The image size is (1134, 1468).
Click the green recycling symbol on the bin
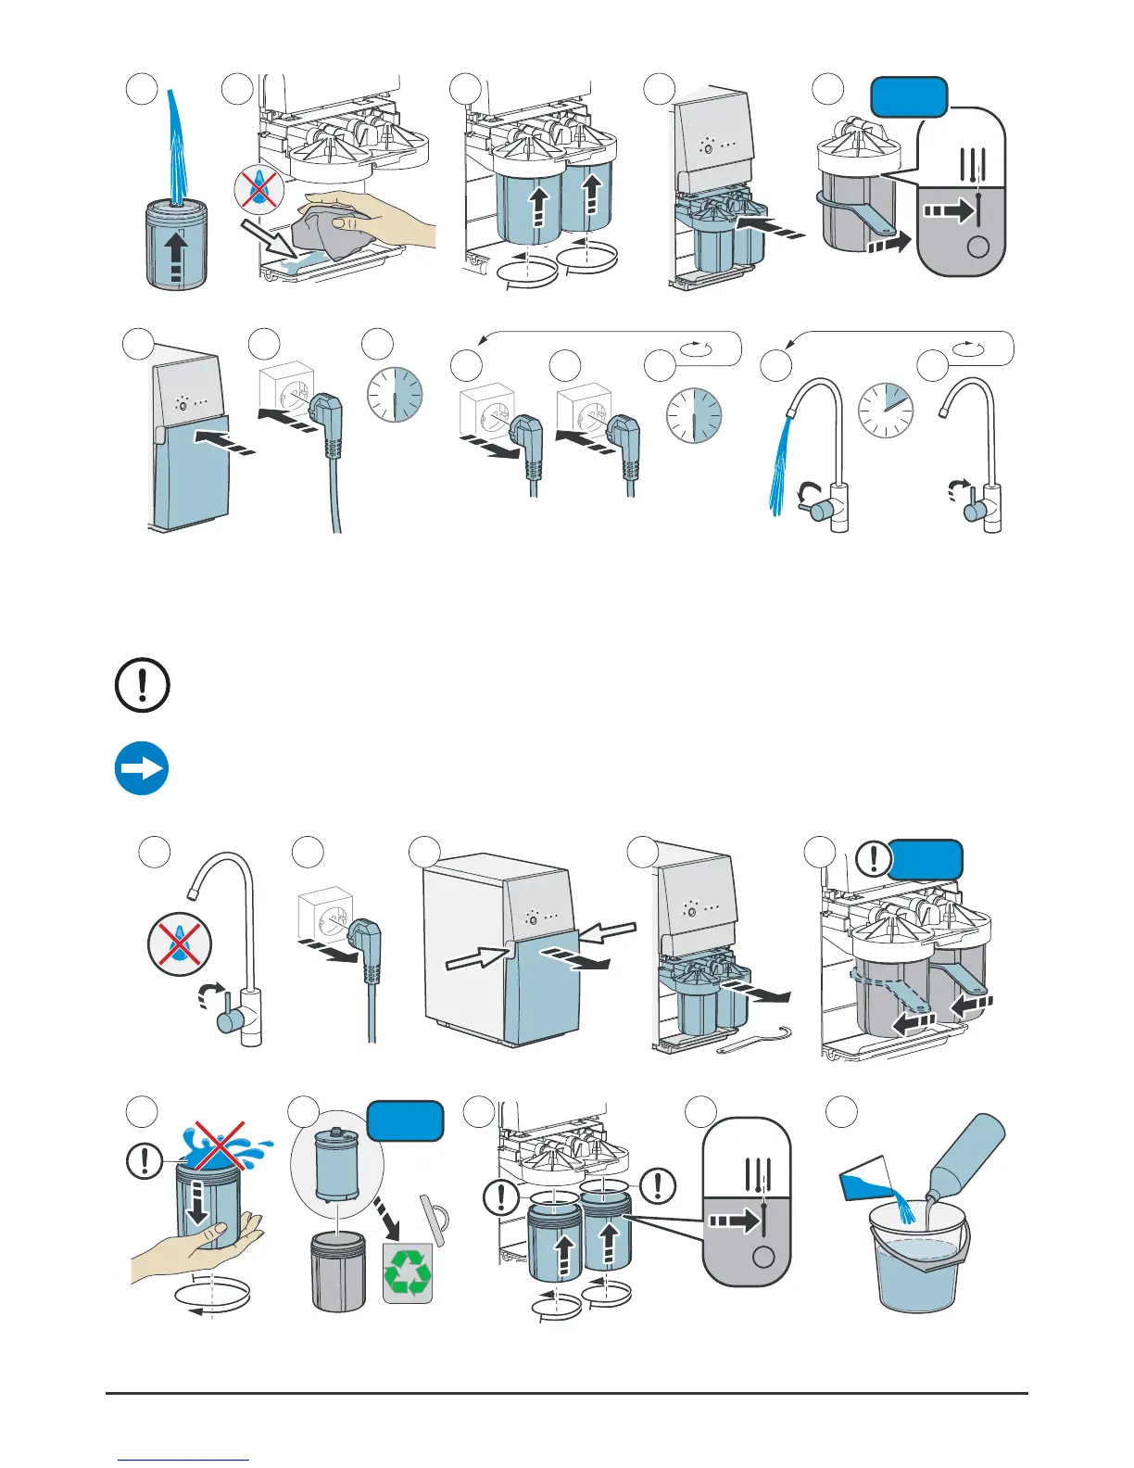coord(408,1273)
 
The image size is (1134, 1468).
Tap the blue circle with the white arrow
coord(142,768)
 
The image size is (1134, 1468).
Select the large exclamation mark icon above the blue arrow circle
coord(142,686)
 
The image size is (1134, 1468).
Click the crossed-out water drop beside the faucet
coord(180,945)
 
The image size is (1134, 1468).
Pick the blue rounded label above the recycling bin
coord(406,1120)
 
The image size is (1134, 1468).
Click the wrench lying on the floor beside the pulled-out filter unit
coord(758,1040)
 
